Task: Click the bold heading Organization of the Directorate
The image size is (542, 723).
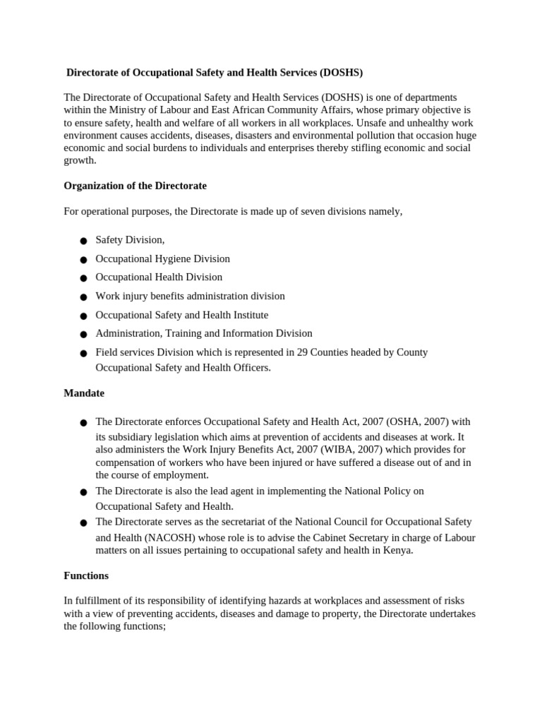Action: pyautogui.click(x=135, y=186)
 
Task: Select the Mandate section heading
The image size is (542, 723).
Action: pyautogui.click(x=84, y=393)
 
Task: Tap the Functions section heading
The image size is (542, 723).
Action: pyautogui.click(x=86, y=575)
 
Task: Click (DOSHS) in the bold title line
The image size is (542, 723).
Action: pyautogui.click(x=341, y=73)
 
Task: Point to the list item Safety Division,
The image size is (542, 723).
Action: pyautogui.click(x=130, y=240)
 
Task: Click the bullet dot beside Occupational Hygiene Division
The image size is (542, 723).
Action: pyautogui.click(x=83, y=260)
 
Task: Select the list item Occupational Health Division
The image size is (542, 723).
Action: pyautogui.click(x=159, y=277)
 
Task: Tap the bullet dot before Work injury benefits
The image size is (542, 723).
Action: pyautogui.click(x=83, y=297)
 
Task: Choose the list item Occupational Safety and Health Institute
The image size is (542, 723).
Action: pyautogui.click(x=181, y=315)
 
